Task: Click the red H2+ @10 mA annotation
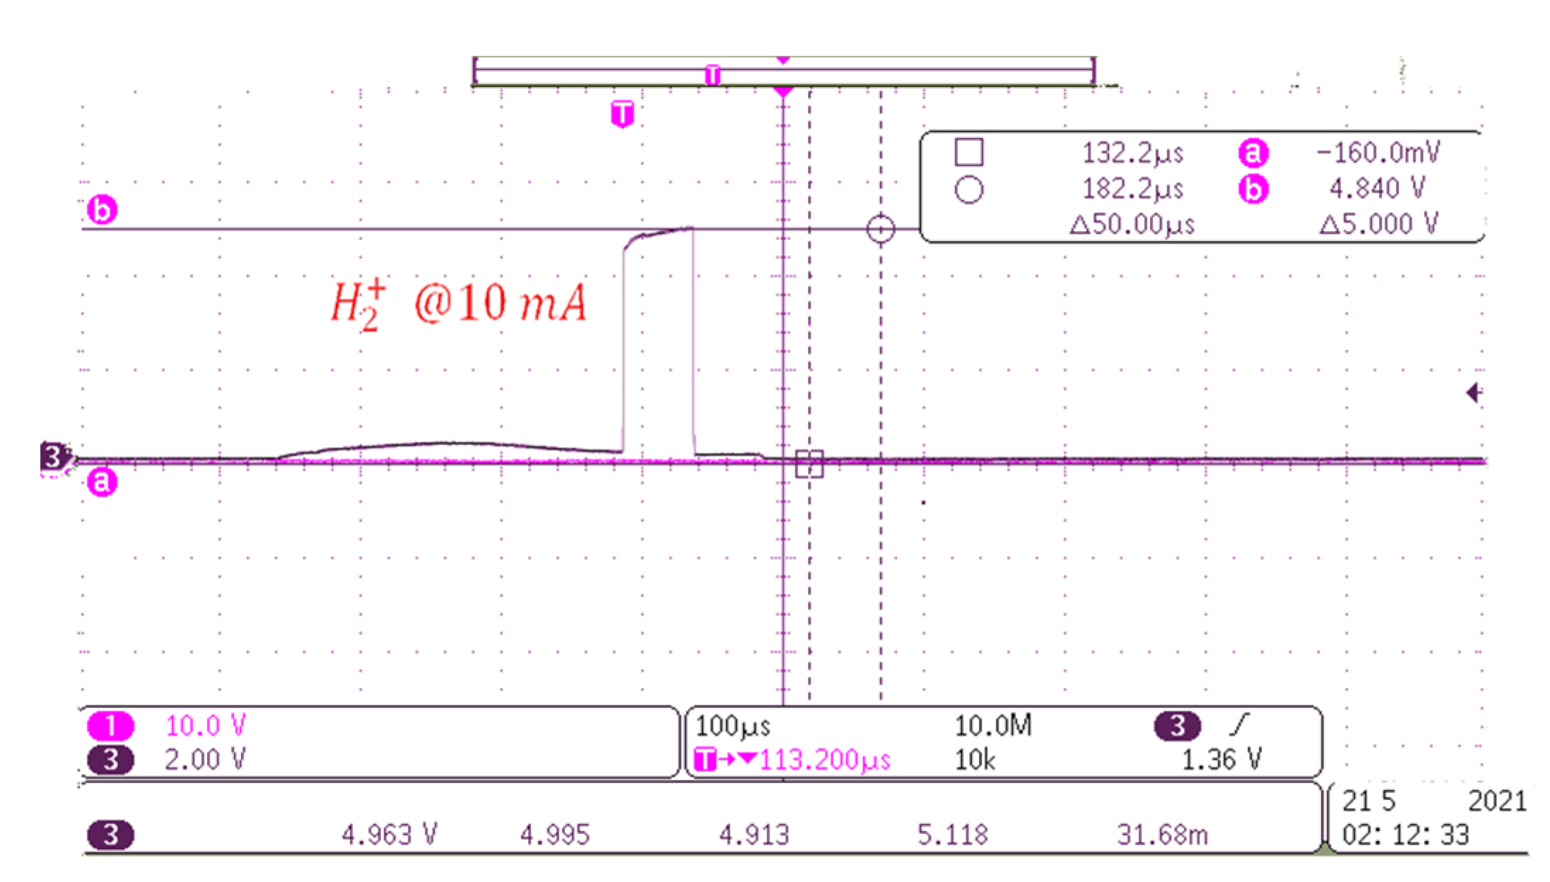click(x=459, y=305)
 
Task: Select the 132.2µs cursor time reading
click(x=1132, y=153)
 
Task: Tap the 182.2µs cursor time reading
click(x=1132, y=189)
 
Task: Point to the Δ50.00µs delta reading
click(x=1132, y=225)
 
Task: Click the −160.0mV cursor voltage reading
click(x=1378, y=153)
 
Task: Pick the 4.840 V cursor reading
click(x=1377, y=189)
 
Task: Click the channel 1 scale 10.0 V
click(x=206, y=726)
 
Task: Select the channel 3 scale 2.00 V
click(x=206, y=760)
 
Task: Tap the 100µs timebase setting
click(x=733, y=726)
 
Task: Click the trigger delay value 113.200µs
click(x=825, y=760)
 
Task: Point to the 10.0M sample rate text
click(x=993, y=726)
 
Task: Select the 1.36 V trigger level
click(x=1221, y=760)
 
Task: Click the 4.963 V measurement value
click(x=389, y=835)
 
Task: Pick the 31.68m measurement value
click(x=1162, y=835)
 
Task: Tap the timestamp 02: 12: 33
click(x=1405, y=835)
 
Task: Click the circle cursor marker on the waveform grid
click(x=881, y=229)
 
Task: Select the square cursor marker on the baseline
click(x=809, y=464)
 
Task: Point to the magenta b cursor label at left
click(x=102, y=211)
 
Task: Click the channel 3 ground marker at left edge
click(x=54, y=457)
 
